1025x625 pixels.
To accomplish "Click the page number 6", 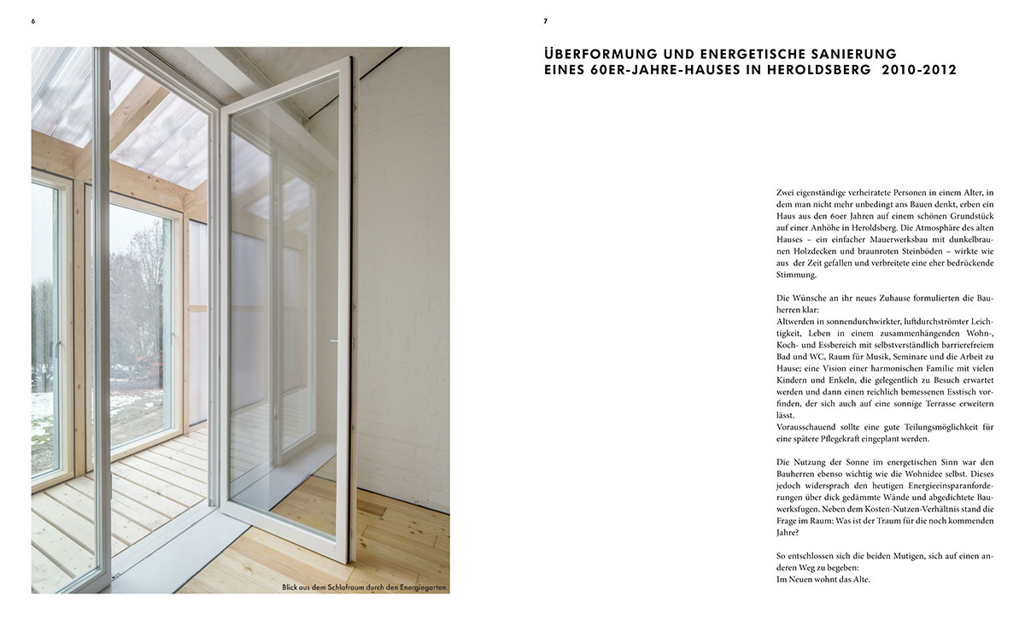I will tap(33, 20).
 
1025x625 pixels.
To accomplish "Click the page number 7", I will tap(546, 20).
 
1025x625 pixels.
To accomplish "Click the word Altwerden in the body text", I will tap(798, 318).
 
